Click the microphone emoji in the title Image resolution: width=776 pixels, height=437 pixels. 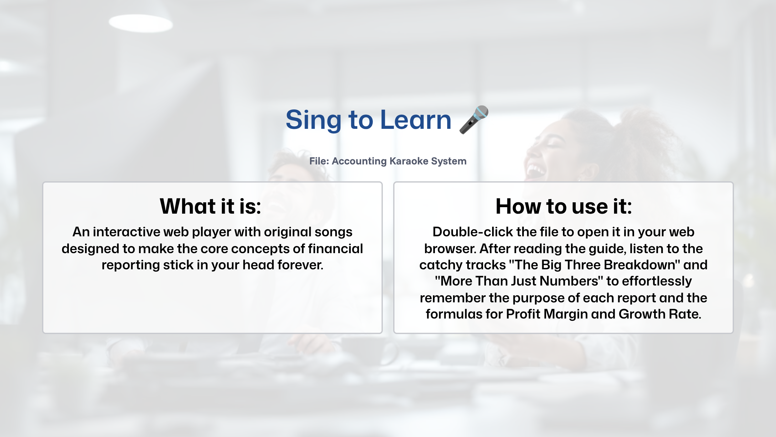click(474, 119)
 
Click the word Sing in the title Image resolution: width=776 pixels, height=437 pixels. click(313, 120)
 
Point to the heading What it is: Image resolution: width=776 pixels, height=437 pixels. click(210, 206)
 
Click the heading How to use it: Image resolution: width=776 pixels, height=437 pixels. click(564, 206)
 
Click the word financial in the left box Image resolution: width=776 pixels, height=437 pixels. click(335, 249)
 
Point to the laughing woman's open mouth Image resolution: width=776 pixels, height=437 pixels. click(534, 170)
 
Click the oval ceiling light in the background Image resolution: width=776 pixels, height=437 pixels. click(140, 23)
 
